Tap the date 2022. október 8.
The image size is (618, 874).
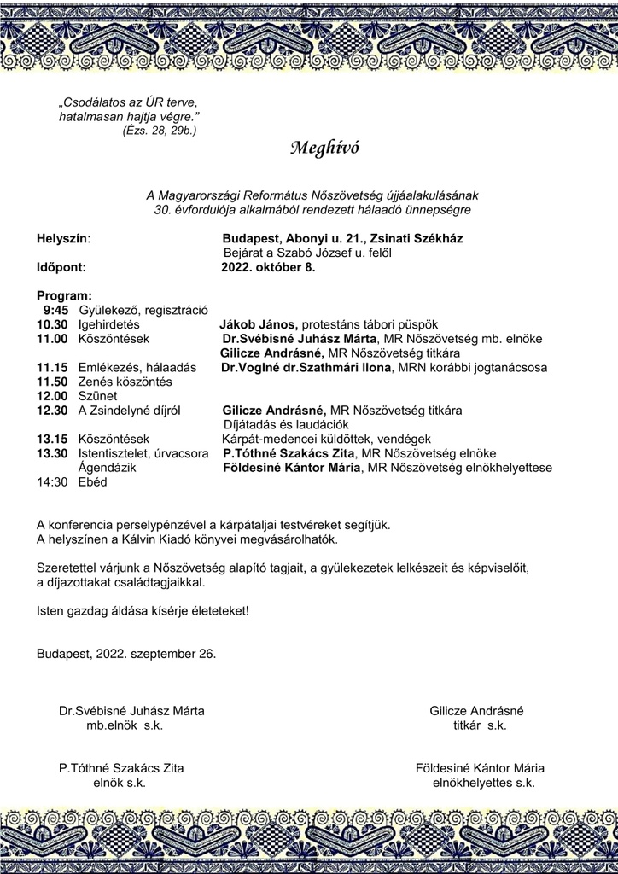click(268, 266)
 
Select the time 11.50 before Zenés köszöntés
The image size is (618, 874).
click(52, 382)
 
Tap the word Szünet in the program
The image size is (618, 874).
click(97, 396)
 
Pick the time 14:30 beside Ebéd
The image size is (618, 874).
click(52, 482)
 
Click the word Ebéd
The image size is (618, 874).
click(93, 482)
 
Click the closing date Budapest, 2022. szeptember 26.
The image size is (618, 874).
click(126, 654)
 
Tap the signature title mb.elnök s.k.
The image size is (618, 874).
click(124, 725)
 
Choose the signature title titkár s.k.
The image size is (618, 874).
click(480, 725)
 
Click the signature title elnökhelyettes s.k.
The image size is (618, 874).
click(484, 782)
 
